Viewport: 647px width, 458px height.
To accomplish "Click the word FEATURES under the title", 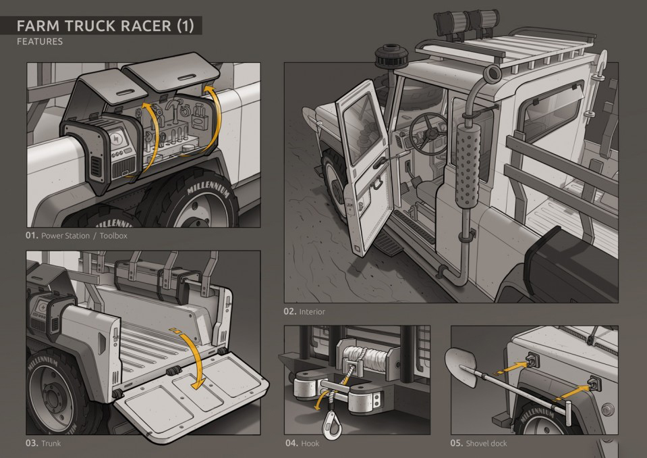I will pyautogui.click(x=39, y=42).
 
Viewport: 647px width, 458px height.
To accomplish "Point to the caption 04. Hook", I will pyautogui.click(x=302, y=443).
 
